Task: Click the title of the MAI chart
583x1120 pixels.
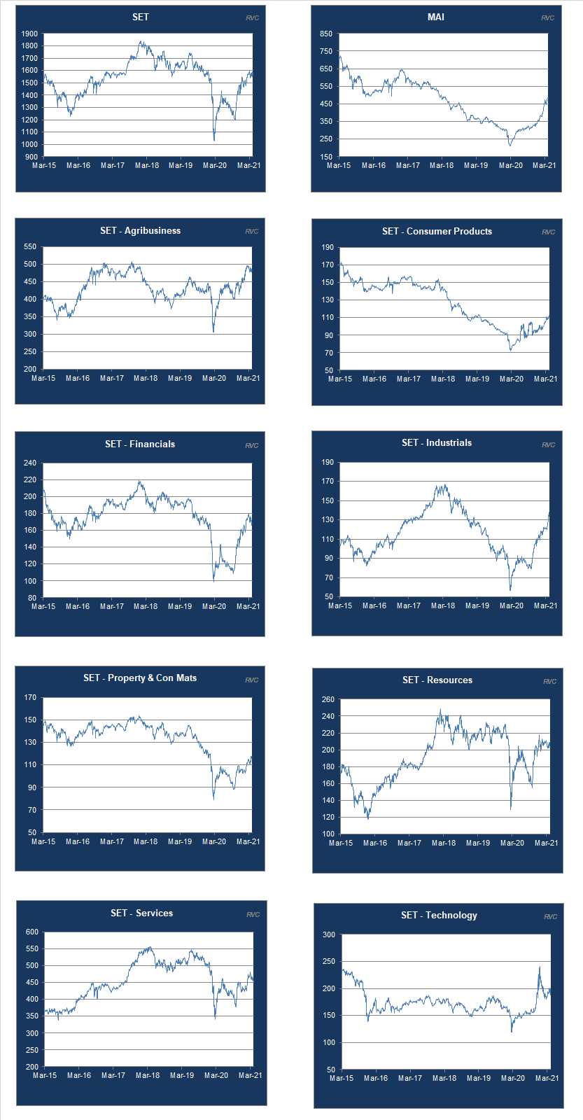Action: click(x=435, y=17)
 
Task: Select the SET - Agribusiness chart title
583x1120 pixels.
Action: click(x=140, y=230)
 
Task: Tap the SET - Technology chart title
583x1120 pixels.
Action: click(x=439, y=915)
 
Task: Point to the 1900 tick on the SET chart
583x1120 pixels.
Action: click(x=29, y=34)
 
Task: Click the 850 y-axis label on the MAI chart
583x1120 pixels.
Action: click(x=325, y=34)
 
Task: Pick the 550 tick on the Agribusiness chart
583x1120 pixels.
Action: click(x=29, y=246)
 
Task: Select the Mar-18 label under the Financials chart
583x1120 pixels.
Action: click(x=146, y=606)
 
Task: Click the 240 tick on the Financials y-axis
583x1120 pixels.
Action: click(x=29, y=463)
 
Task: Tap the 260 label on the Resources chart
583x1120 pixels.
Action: click(x=328, y=699)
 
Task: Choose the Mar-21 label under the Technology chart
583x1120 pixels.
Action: click(x=547, y=1078)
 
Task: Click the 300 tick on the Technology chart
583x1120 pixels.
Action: click(x=329, y=934)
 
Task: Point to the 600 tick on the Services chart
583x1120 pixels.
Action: click(x=32, y=932)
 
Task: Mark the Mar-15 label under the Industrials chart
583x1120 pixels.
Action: click(x=340, y=605)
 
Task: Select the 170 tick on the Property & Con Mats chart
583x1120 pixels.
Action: click(x=30, y=697)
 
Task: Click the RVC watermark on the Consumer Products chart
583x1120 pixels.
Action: click(x=548, y=232)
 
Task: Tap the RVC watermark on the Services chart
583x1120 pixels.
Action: click(x=253, y=915)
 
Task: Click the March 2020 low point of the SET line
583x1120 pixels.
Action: click(x=214, y=140)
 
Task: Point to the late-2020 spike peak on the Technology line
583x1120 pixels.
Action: click(x=540, y=967)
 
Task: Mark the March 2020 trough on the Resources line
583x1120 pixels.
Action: click(x=511, y=808)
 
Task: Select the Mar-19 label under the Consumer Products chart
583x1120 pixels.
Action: click(x=477, y=379)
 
